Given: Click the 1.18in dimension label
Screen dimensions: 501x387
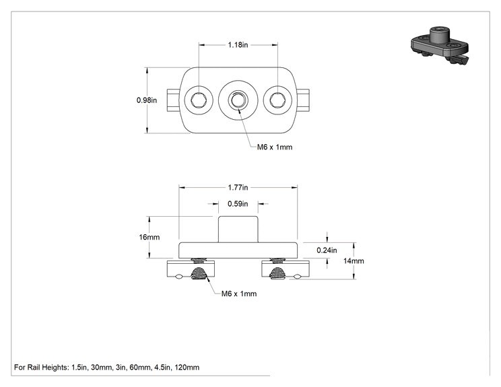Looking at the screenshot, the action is point(238,44).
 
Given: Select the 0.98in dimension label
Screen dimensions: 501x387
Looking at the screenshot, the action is point(147,100).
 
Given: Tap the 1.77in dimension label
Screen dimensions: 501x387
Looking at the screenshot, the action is point(238,187).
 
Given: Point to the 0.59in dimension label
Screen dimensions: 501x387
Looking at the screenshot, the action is point(238,204).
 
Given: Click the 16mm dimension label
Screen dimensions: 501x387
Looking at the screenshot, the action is point(149,237).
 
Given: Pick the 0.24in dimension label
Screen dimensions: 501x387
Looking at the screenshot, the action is point(327,250).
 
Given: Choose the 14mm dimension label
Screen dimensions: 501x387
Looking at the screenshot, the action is point(354,261).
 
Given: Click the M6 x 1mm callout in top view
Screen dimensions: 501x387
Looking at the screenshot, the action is point(275,147).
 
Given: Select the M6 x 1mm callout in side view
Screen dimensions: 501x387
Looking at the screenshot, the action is point(239,293).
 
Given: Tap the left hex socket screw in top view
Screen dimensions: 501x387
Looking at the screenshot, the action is point(199,100).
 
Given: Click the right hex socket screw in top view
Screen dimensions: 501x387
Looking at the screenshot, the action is point(277,100).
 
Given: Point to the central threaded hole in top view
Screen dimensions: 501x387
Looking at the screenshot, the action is point(238,100).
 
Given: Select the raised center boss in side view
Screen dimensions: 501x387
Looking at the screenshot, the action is point(238,229).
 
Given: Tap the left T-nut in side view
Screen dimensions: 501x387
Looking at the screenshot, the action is point(191,269).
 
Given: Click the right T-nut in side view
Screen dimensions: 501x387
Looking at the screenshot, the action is point(286,269).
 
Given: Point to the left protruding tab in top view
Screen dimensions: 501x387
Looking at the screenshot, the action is point(174,100).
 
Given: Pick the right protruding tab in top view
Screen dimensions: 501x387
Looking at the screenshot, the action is point(303,100).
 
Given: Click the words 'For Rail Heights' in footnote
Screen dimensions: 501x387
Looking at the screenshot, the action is point(40,367).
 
